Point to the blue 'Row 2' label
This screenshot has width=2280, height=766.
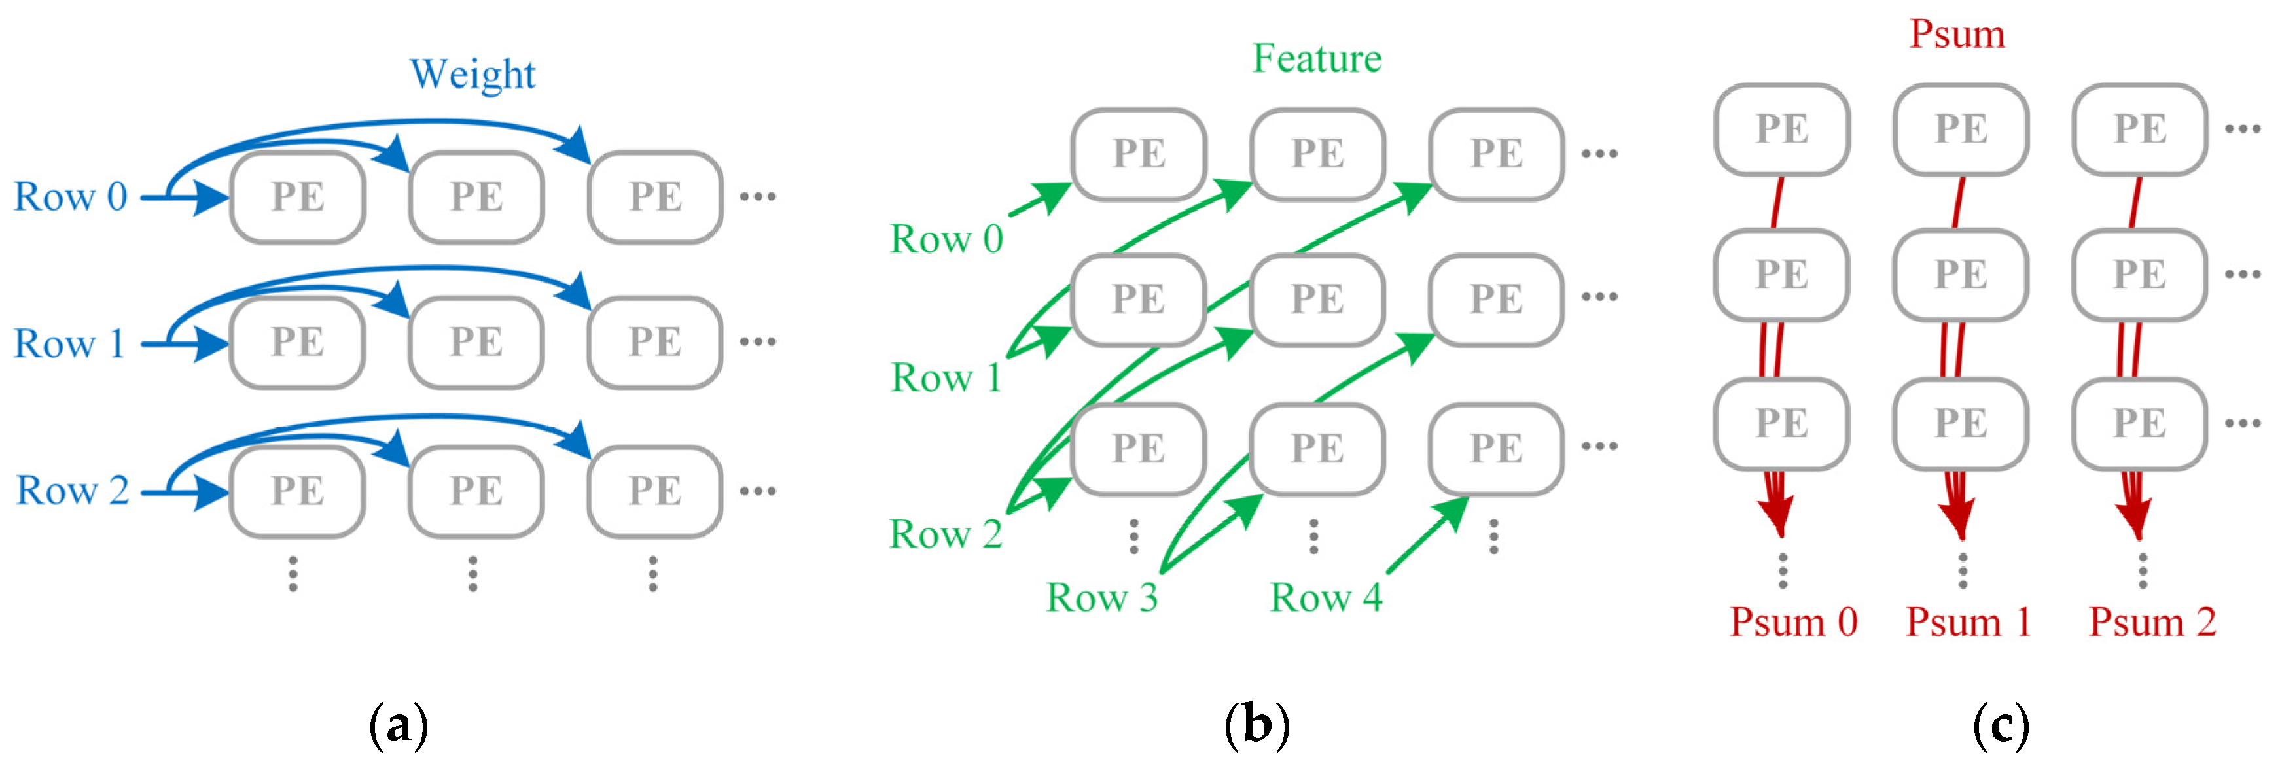click(73, 491)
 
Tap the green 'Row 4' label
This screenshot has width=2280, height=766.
click(1325, 598)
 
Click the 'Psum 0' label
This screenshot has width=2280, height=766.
click(1793, 623)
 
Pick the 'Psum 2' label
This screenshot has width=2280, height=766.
click(2152, 623)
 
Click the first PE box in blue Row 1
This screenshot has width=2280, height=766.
click(297, 342)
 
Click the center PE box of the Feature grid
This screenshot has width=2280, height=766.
click(1317, 300)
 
